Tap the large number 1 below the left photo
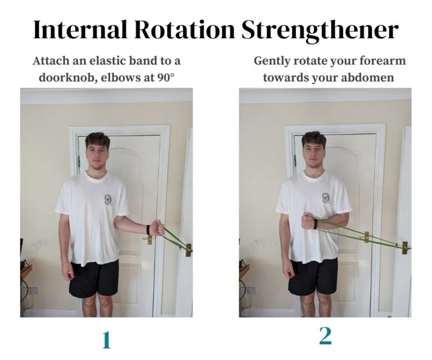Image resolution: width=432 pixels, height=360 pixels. point(106,340)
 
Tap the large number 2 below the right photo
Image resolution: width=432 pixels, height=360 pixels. point(325,336)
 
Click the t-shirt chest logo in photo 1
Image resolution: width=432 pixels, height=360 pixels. point(107,200)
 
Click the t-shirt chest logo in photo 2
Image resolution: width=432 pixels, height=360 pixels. point(325,198)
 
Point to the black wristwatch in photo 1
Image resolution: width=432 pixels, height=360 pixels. point(147,229)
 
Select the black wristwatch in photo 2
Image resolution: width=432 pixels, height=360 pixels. point(316,223)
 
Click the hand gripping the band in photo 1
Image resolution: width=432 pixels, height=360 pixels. point(157,228)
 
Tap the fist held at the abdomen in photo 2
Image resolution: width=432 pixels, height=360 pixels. point(307,222)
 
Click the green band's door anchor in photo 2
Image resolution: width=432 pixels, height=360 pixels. point(404,247)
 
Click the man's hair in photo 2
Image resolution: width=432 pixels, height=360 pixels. point(313,139)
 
